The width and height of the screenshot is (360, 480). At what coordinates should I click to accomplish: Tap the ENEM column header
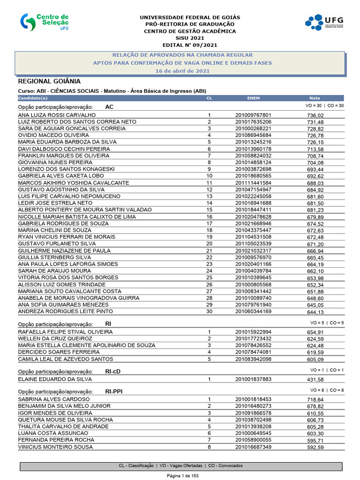[253, 98]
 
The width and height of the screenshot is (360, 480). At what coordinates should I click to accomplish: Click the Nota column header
[315, 98]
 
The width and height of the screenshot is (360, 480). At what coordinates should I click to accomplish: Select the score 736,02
[315, 115]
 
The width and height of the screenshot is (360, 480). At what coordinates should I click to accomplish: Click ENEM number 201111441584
[253, 182]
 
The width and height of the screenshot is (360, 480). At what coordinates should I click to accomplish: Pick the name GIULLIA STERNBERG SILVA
[54, 257]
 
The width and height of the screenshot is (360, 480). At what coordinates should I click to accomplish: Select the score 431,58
[315, 379]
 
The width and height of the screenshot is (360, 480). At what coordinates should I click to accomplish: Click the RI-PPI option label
[114, 390]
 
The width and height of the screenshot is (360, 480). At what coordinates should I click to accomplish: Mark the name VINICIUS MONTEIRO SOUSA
[55, 447]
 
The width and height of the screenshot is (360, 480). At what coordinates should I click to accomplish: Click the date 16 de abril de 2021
[183, 71]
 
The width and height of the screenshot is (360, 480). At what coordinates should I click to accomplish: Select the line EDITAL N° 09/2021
[189, 45]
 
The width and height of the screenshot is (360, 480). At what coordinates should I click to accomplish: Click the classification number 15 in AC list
[210, 210]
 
